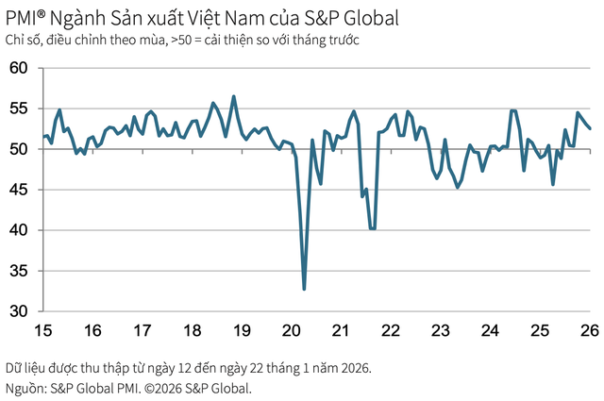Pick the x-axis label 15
pos(42,331)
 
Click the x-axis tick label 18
pos(192,331)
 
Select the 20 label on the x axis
pos(292,331)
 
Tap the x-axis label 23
pos(440,331)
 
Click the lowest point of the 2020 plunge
pos(304,289)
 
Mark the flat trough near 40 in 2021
pos(373,228)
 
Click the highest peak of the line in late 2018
pos(234,96)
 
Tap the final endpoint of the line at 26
pos(590,128)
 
